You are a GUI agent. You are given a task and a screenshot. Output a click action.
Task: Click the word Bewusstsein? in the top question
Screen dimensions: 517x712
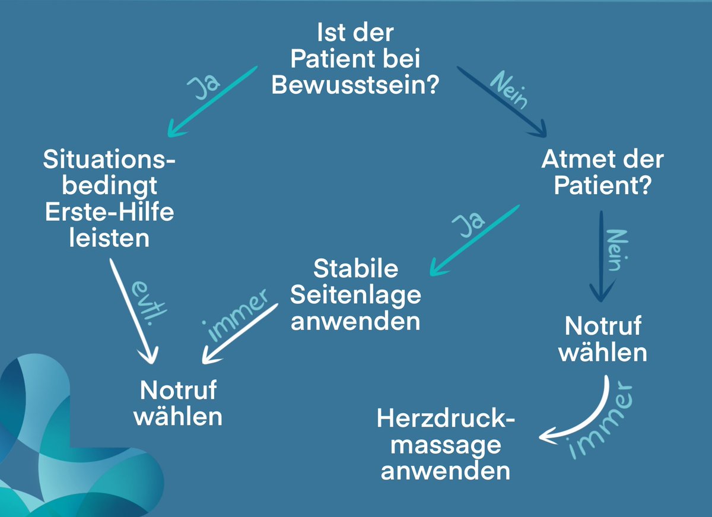coord(355,85)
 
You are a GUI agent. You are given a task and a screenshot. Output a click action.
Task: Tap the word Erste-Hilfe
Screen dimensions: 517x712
coord(110,212)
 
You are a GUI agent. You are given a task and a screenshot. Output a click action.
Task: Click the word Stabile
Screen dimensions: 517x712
coord(355,268)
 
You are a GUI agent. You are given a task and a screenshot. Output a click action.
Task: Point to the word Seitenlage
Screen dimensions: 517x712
coord(355,294)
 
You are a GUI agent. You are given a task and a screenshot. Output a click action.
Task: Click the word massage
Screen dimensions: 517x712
coord(446,445)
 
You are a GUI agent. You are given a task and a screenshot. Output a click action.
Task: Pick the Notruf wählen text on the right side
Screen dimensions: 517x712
coord(603,340)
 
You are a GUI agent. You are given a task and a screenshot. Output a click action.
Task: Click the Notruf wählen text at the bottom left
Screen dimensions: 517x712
coord(178,404)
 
